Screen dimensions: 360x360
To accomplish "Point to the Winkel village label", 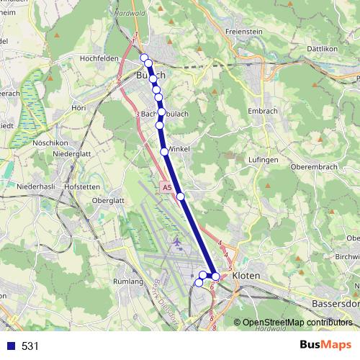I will [179, 149].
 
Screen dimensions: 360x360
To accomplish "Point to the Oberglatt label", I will [109, 201].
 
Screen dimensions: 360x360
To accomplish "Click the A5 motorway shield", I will [167, 187].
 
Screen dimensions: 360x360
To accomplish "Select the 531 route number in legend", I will [30, 346].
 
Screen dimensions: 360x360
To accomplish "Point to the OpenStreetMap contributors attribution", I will [297, 323].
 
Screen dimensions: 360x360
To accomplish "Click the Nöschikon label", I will [50, 143].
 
